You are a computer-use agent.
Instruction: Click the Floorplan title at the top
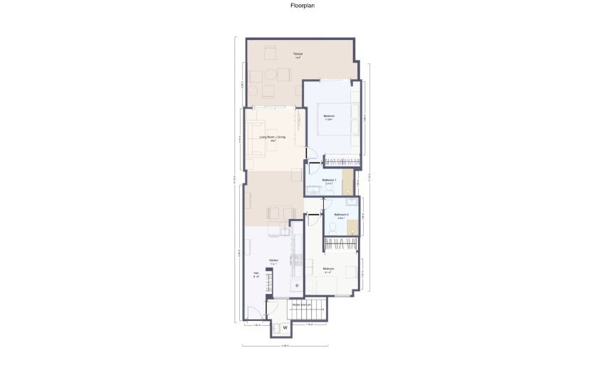[302, 6]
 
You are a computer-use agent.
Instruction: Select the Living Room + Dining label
[272, 137]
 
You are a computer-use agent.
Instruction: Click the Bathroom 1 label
[330, 180]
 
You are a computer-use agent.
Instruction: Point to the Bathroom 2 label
[341, 214]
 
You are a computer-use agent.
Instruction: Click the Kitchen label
[273, 261]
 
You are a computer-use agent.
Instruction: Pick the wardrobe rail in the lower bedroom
[340, 244]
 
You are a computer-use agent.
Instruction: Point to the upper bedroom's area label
[330, 120]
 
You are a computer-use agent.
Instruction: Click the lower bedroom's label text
[329, 269]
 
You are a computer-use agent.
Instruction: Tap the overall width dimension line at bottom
[285, 346]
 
